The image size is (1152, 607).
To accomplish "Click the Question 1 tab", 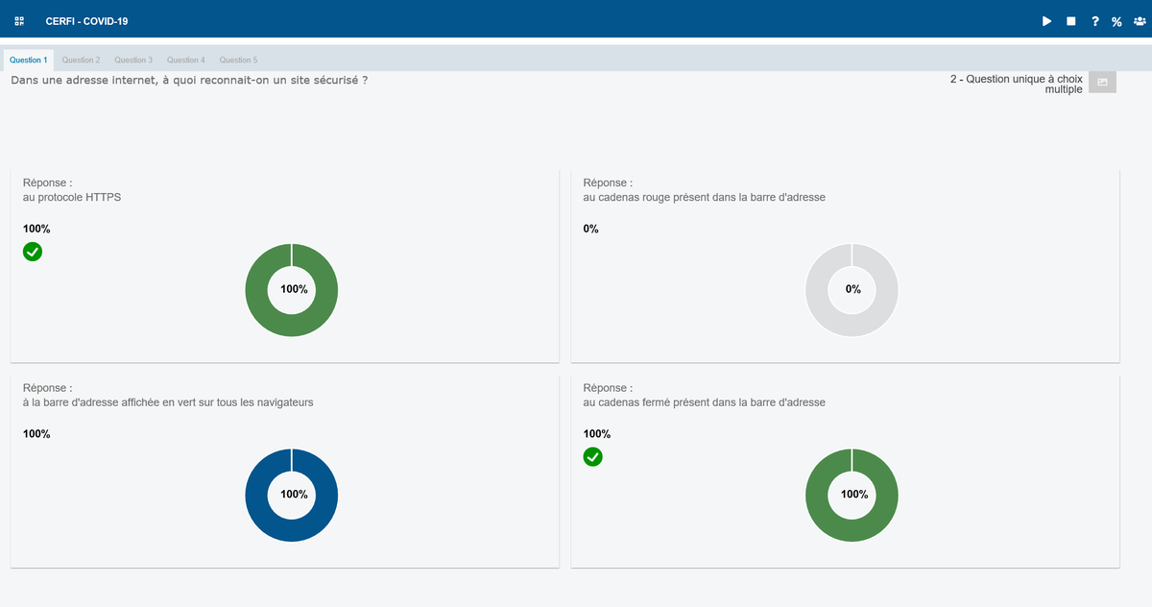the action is [x=28, y=61].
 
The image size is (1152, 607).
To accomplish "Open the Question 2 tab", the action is [x=81, y=61].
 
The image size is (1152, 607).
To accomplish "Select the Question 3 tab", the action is [x=133, y=61].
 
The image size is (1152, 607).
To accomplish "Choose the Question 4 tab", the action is [x=185, y=61].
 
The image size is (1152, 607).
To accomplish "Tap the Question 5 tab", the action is [x=238, y=61].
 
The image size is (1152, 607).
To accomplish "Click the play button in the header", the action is [x=1046, y=21].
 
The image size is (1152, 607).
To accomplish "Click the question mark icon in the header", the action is [x=1095, y=21].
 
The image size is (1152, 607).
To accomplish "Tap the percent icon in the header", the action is [x=1116, y=21].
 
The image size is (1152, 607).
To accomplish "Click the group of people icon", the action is [x=1140, y=21].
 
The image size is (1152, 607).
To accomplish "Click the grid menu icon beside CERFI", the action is [x=19, y=21].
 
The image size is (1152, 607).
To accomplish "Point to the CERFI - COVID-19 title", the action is [x=86, y=21].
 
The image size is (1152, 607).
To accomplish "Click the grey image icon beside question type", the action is [x=1102, y=83].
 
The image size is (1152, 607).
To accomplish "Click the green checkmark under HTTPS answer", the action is [x=33, y=252].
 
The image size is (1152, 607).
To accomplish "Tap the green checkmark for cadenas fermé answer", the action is [x=592, y=457].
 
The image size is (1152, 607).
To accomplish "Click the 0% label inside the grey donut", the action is [x=852, y=289].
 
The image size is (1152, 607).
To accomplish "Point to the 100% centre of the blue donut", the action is [x=294, y=495].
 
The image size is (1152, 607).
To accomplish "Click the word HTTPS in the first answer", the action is [x=104, y=197].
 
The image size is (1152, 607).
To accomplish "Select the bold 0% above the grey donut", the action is [x=590, y=229].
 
